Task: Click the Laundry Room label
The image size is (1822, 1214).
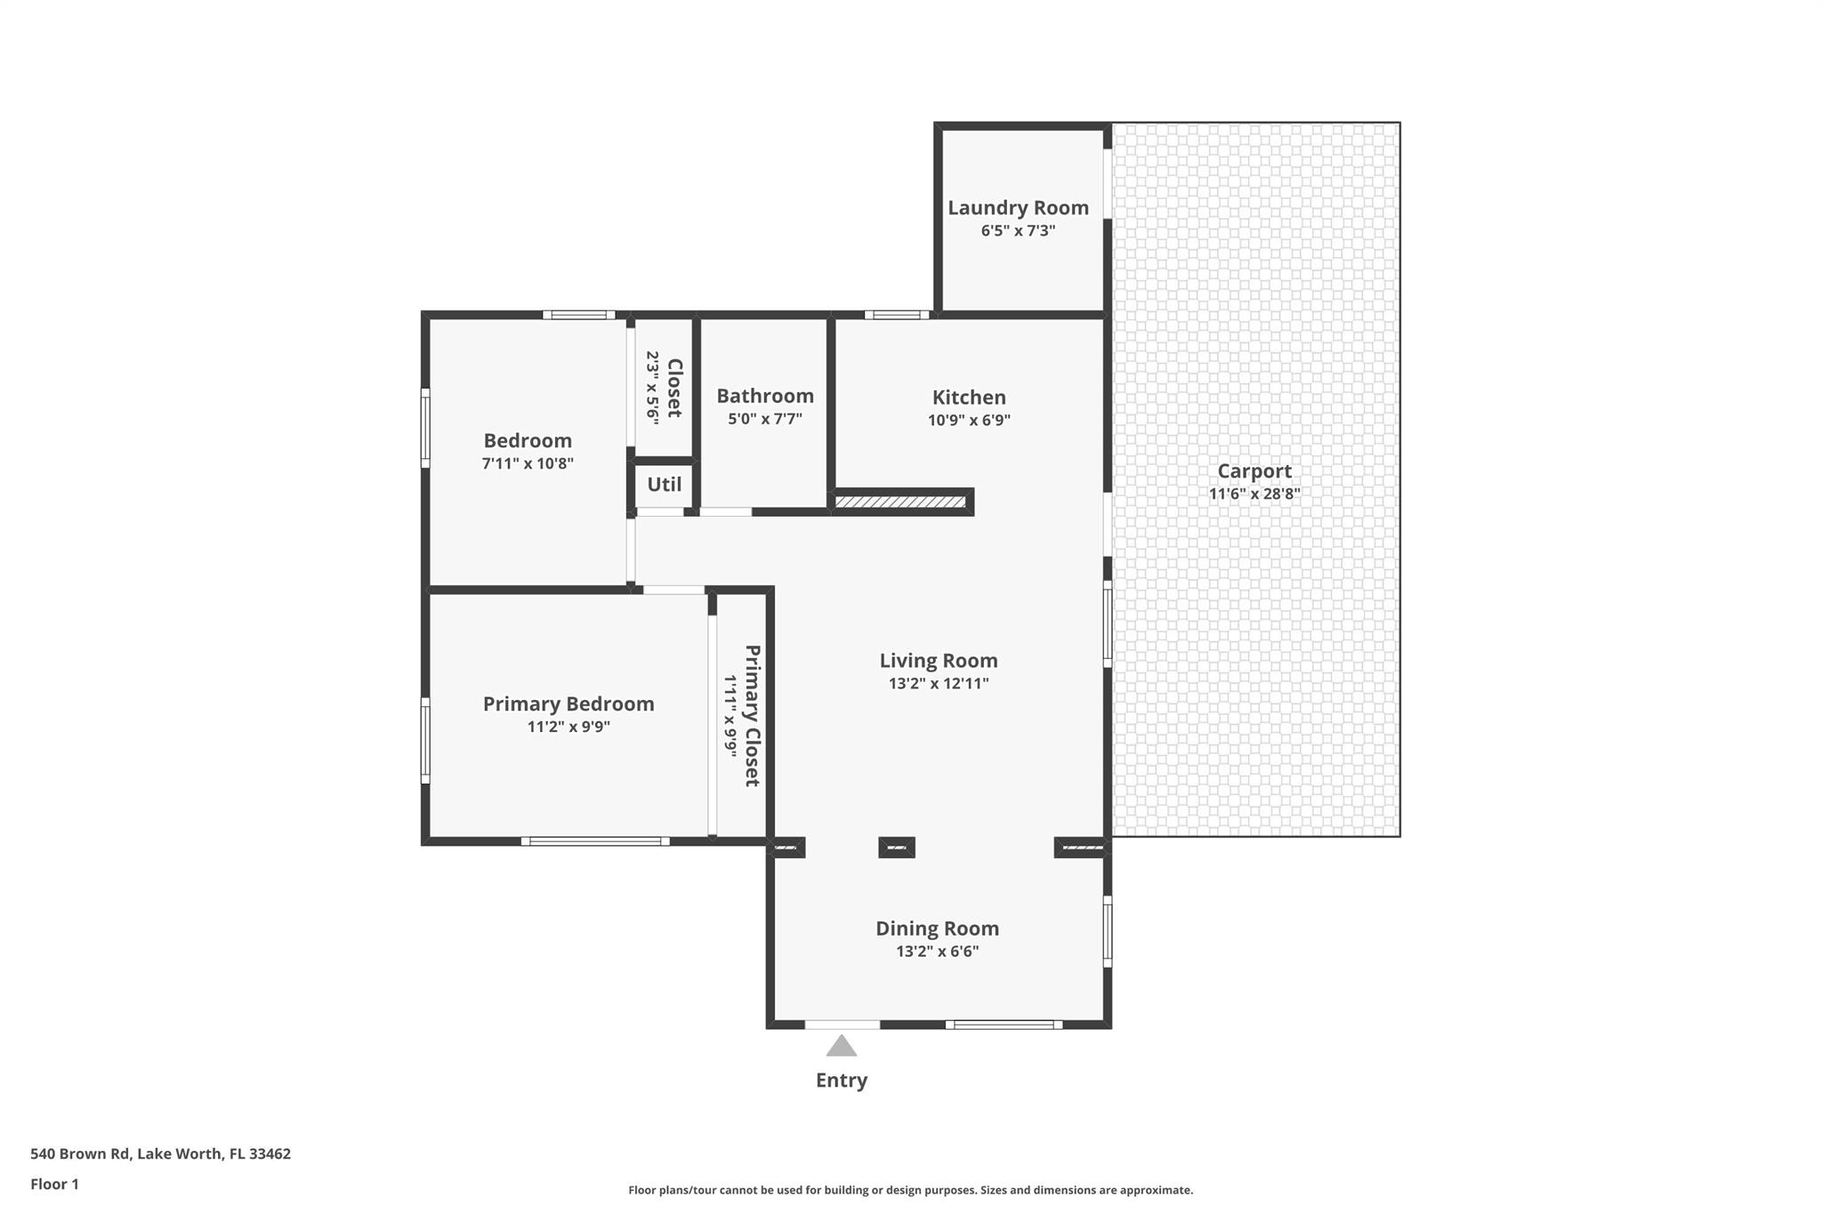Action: (1018, 207)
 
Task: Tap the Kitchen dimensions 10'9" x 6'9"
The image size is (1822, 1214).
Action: (969, 421)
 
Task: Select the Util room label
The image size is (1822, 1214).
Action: (664, 485)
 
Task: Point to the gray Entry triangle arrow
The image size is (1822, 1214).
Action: (841, 1046)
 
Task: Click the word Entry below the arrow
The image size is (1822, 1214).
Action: (841, 1080)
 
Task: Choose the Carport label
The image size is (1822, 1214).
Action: (1254, 471)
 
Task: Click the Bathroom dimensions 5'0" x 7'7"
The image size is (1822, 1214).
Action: (765, 419)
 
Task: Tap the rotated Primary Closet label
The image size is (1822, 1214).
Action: (752, 716)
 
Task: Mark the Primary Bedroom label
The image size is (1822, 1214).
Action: (568, 703)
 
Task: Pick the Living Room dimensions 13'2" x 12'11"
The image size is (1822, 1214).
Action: (939, 684)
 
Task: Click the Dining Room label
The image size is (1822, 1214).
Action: (937, 929)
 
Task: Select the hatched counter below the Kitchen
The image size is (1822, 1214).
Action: (900, 502)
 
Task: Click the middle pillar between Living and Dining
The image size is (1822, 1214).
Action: (896, 848)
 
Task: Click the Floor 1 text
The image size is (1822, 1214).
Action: (54, 1184)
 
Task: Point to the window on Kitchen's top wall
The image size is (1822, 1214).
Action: (897, 314)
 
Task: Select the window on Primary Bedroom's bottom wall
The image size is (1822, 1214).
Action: (595, 841)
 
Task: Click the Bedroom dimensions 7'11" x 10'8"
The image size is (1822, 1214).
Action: (528, 463)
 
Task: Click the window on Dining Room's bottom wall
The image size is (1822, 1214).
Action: (1004, 1025)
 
